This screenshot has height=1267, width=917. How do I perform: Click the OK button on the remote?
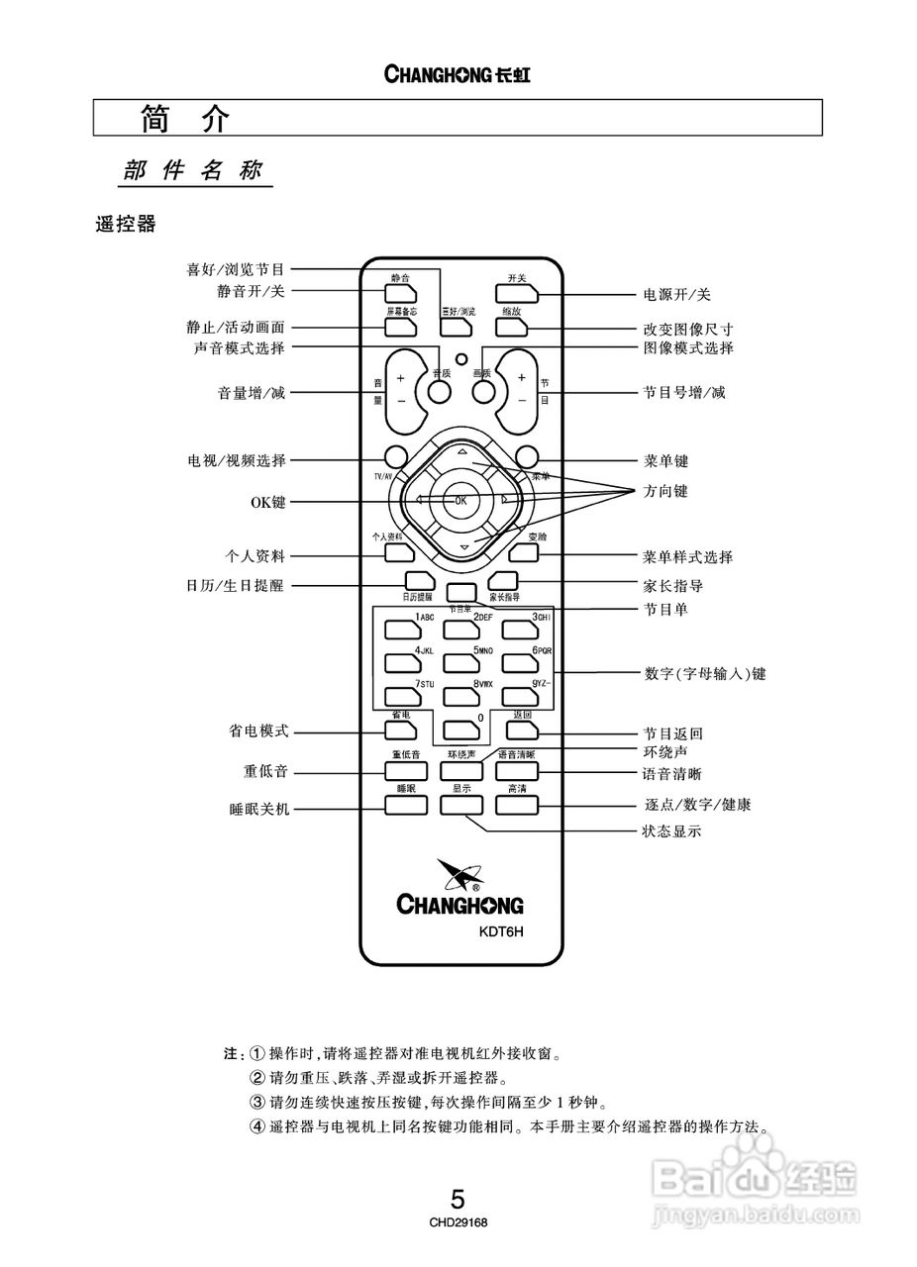pos(460,500)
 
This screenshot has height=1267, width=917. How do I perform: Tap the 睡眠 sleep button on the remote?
pos(404,804)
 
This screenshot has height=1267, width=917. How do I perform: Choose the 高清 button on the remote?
pos(517,804)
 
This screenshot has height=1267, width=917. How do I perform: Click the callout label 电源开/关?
pos(676,295)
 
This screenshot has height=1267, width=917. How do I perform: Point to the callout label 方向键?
pos(664,491)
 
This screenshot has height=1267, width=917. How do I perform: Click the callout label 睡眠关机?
pos(259,809)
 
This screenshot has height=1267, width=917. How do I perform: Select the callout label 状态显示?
pos(671,831)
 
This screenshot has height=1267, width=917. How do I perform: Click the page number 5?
pos(458,1200)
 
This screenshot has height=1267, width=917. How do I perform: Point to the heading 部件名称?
pos(193,170)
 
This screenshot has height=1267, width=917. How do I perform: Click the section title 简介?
pos(185,119)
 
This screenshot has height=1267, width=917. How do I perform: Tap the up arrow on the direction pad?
pos(461,451)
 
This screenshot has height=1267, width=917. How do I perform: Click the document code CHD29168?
pos(458,1222)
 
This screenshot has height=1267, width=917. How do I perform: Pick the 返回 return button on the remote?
pos(520,731)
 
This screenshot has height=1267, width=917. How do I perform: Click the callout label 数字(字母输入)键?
pos(704,674)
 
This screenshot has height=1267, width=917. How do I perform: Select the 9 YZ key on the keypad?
pos(519,697)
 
